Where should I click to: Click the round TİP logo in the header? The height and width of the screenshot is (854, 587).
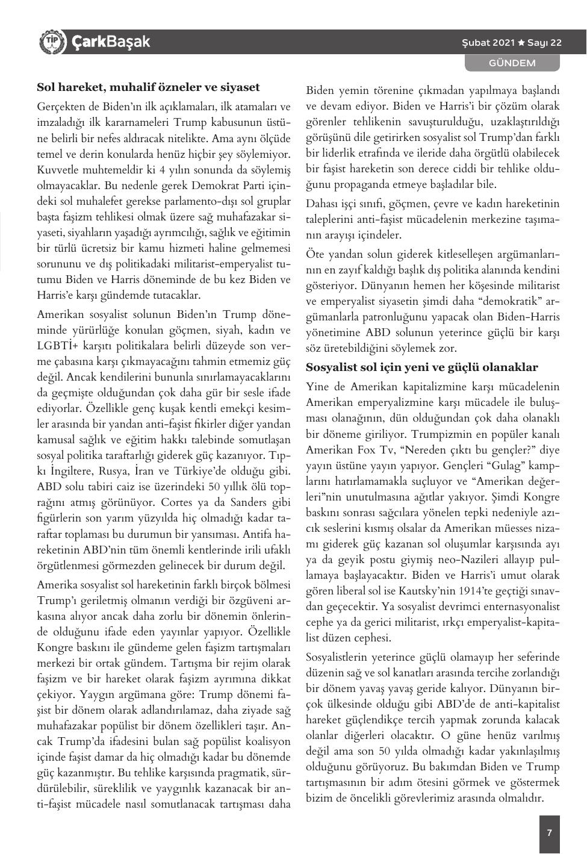[51, 42]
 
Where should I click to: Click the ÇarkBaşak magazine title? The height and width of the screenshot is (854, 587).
[111, 42]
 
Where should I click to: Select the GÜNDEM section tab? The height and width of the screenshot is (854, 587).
[512, 63]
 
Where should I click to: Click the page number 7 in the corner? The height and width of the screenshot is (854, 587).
[549, 833]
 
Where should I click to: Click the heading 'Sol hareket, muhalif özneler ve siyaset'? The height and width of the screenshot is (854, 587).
[148, 87]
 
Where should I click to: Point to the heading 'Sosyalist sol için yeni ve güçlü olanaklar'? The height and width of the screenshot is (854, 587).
[421, 367]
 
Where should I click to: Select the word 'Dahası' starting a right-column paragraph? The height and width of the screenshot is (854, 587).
[321, 204]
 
